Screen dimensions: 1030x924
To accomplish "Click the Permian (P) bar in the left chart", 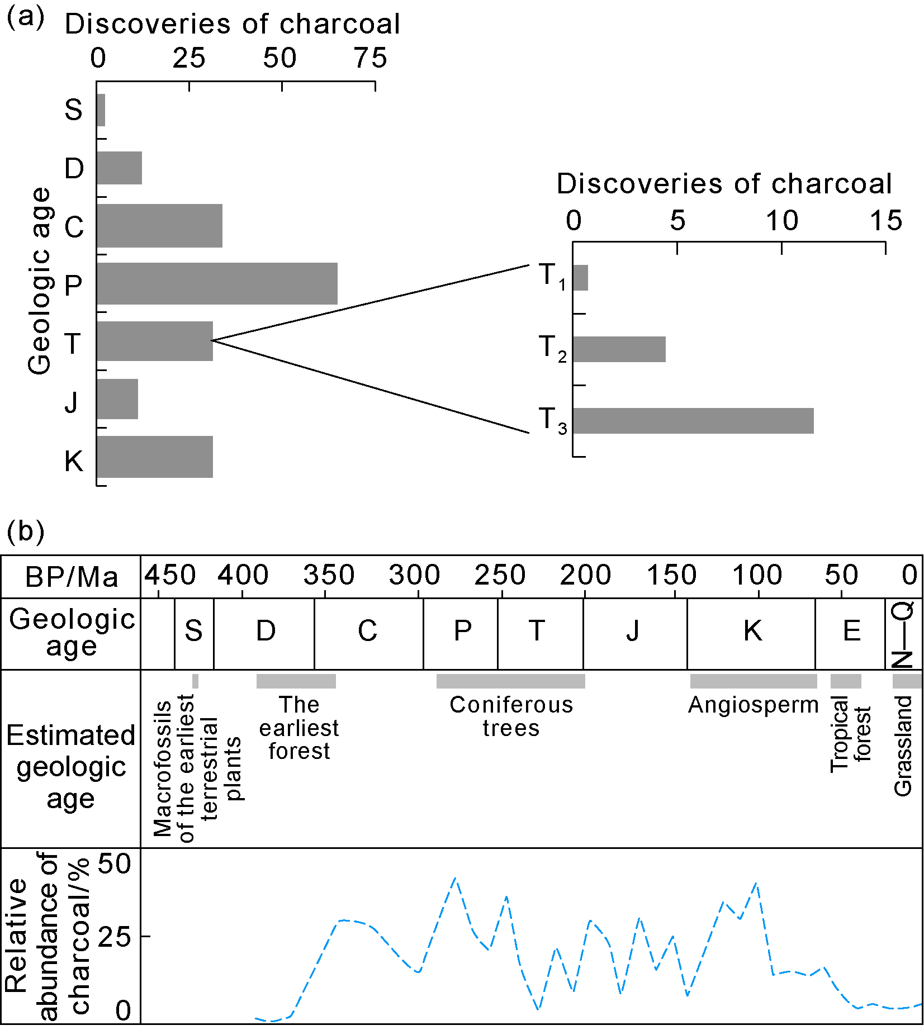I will pyautogui.click(x=217, y=283).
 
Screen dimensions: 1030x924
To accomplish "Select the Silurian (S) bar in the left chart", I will pyautogui.click(x=101, y=110).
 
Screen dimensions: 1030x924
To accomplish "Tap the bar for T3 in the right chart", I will pyautogui.click(x=693, y=421).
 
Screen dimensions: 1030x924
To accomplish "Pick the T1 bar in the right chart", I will pyautogui.click(x=581, y=278).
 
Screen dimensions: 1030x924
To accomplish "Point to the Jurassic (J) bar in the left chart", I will pyautogui.click(x=117, y=399).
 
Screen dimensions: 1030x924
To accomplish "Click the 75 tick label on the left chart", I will pyautogui.click(x=371, y=59).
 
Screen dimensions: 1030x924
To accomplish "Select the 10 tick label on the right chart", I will pyautogui.click(x=782, y=221).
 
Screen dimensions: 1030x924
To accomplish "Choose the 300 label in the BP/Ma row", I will pyautogui.click(x=414, y=576).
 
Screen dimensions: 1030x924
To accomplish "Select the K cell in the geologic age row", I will pyautogui.click(x=752, y=632).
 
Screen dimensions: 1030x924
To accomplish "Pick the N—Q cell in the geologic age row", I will pyautogui.click(x=903, y=634).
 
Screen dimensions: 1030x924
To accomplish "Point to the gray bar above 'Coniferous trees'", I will pyautogui.click(x=510, y=681).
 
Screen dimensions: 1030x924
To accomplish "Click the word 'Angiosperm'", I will pyautogui.click(x=753, y=705).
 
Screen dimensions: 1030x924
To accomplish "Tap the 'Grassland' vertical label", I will pyautogui.click(x=903, y=746).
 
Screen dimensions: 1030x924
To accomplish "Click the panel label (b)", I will pyautogui.click(x=25, y=531).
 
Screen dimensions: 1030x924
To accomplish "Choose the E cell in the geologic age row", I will pyautogui.click(x=851, y=632).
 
